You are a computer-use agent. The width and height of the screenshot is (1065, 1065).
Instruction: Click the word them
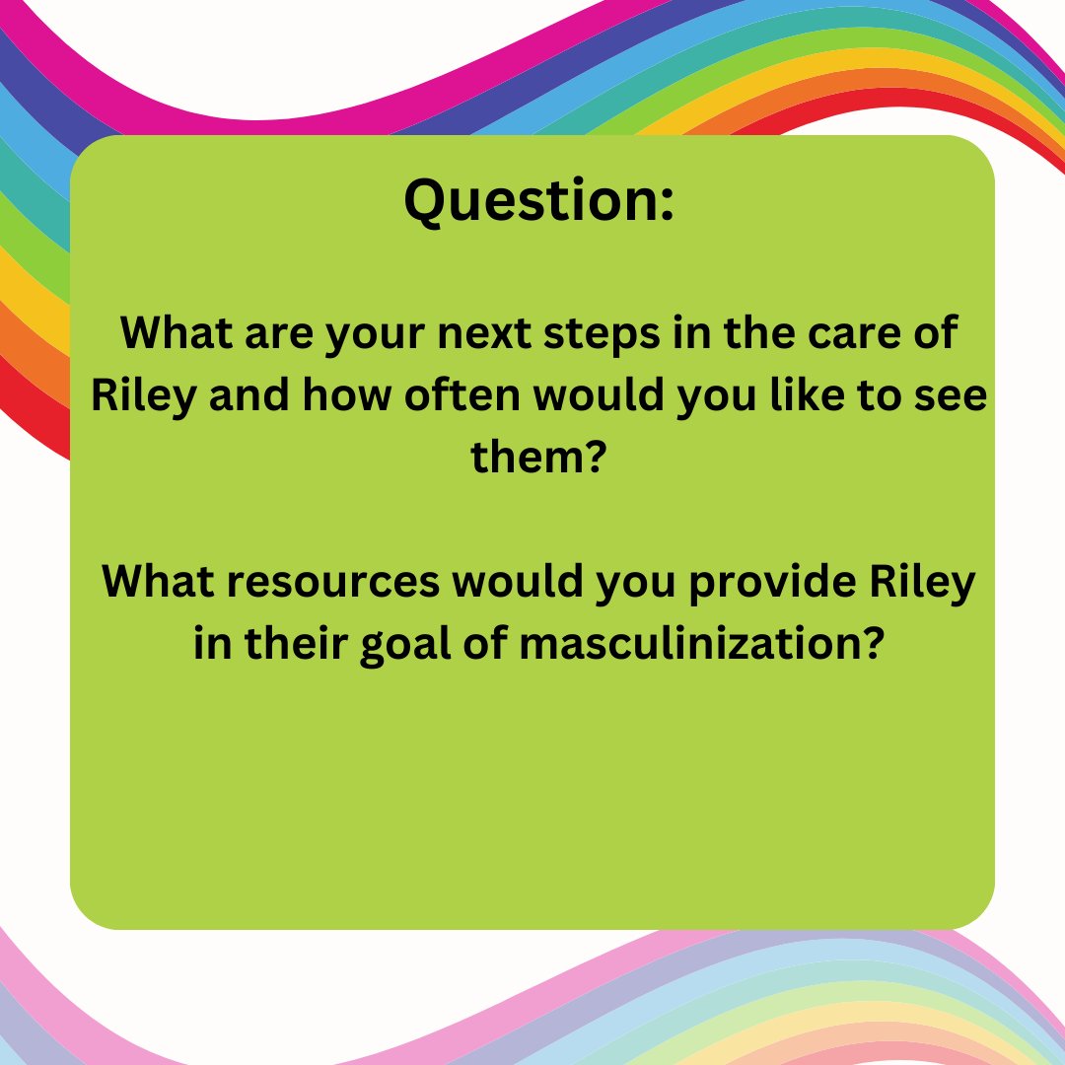coord(525,457)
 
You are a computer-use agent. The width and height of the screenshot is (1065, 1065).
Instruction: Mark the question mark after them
coord(593,457)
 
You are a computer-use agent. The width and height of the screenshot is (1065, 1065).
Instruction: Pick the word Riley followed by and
coord(143,396)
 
